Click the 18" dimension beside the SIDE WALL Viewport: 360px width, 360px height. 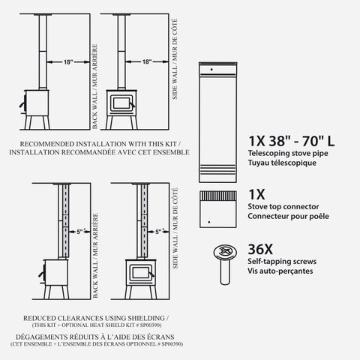click(146, 62)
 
